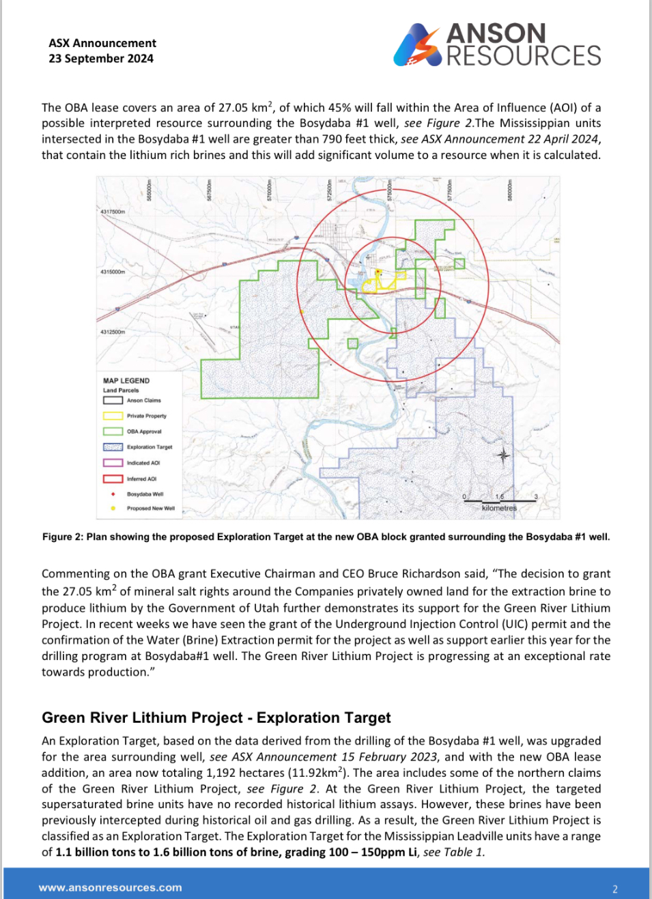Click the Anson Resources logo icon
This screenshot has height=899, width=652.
pyautogui.click(x=416, y=45)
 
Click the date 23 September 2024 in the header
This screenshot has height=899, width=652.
pyautogui.click(x=101, y=59)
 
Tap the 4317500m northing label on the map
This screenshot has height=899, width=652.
pyautogui.click(x=113, y=212)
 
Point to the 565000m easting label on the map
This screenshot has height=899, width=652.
pyautogui.click(x=149, y=189)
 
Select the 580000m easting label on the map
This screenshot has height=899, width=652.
pyautogui.click(x=509, y=189)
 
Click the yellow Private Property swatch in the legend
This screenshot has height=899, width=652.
pyautogui.click(x=113, y=416)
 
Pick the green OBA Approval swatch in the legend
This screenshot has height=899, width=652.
pyautogui.click(x=113, y=431)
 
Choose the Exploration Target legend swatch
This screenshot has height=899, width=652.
pyautogui.click(x=113, y=447)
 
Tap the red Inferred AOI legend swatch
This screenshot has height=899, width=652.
pyautogui.click(x=113, y=479)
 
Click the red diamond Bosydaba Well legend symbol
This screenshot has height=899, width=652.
pyautogui.click(x=113, y=494)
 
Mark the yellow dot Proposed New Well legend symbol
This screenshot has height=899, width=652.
pyautogui.click(x=113, y=509)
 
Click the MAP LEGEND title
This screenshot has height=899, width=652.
pyautogui.click(x=126, y=381)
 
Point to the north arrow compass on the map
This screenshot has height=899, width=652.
pyautogui.click(x=503, y=455)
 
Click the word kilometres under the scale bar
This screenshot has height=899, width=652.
pyautogui.click(x=499, y=508)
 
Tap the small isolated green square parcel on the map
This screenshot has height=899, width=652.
pyautogui.click(x=352, y=343)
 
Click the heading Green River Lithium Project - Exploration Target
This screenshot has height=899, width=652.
pyautogui.click(x=216, y=717)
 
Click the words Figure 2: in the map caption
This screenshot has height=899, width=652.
pyautogui.click(x=63, y=537)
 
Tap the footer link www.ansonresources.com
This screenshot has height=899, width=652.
pyautogui.click(x=111, y=888)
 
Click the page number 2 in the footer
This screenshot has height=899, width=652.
pyautogui.click(x=615, y=889)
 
